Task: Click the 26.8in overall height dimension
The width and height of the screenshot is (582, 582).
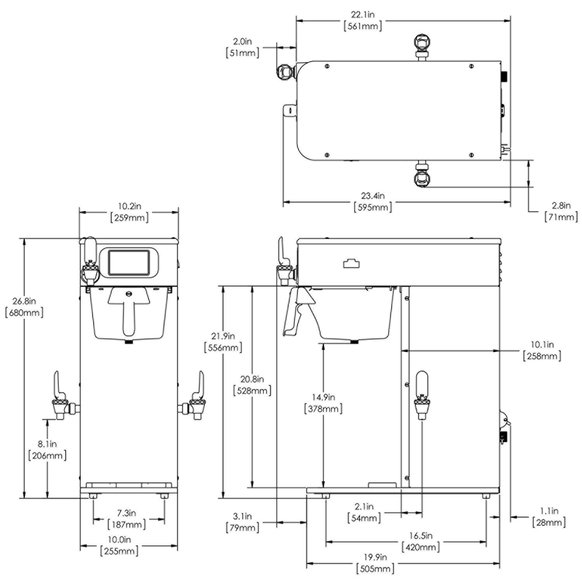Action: [24, 301]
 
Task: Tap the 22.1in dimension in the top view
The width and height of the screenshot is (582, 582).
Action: [363, 15]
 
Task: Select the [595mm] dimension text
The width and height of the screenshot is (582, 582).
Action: [373, 207]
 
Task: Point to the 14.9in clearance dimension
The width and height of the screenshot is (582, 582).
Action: [323, 397]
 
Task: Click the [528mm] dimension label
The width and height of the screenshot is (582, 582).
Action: [252, 390]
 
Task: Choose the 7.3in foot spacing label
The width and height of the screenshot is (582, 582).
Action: [126, 513]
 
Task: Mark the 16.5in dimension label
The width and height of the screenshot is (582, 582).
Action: [421, 535]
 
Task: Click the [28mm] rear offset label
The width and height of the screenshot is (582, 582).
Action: [549, 523]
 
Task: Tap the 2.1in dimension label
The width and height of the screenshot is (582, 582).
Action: [364, 506]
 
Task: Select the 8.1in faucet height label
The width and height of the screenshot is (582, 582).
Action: [47, 443]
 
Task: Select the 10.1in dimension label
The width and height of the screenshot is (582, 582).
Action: [542, 344]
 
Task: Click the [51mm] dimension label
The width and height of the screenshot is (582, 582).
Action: [242, 52]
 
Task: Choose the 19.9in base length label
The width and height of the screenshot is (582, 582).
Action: [375, 557]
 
